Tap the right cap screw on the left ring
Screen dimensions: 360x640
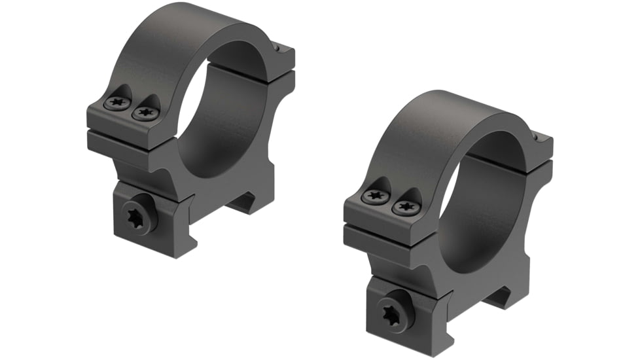[145, 113]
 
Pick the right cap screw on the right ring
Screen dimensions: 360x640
[404, 207]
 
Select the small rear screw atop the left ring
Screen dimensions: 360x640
[279, 47]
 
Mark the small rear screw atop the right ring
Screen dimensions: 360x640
[539, 137]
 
